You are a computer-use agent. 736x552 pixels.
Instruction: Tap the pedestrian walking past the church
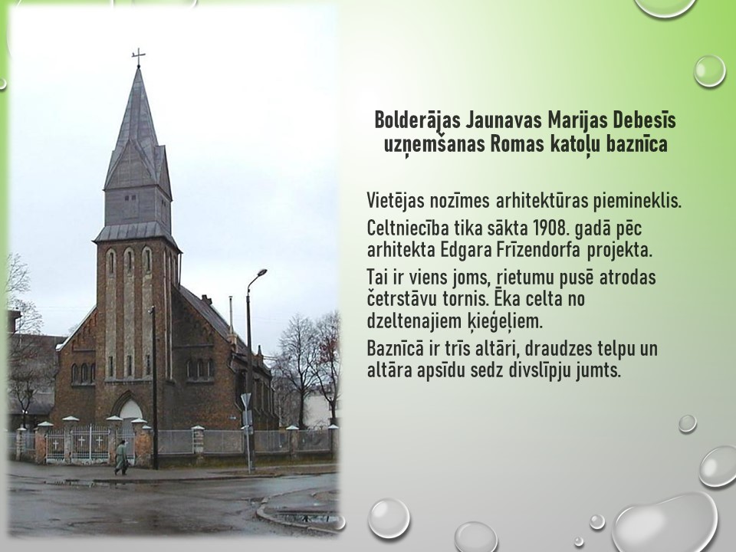tap(121, 458)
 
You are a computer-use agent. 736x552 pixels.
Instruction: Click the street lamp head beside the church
tap(261, 273)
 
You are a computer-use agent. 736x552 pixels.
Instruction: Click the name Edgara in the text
tap(465, 251)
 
